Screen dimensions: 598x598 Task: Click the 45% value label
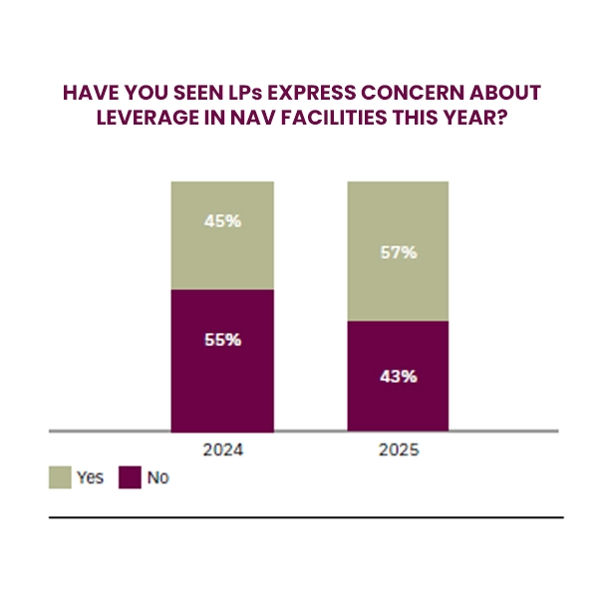coord(222,220)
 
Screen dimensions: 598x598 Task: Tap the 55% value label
coord(222,339)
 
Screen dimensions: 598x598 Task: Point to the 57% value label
coord(398,252)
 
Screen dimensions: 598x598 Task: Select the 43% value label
coord(398,377)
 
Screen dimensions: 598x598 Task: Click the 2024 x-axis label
coord(222,449)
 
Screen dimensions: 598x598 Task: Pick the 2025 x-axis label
coord(398,449)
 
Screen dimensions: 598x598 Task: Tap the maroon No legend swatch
coord(131,477)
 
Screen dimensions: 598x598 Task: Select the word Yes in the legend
coord(91,478)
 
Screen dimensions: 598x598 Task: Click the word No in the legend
coord(157,478)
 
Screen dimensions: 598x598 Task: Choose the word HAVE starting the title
coord(87,93)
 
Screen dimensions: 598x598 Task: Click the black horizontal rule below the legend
coord(306,517)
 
